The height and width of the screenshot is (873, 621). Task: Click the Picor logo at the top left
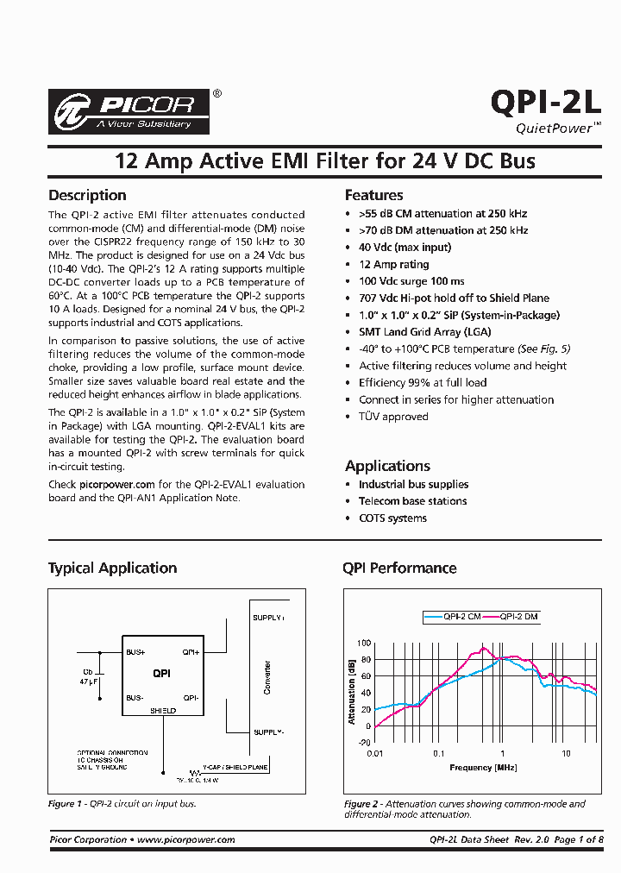[129, 110]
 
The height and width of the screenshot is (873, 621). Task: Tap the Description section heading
[87, 195]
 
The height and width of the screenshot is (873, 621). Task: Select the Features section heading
[373, 195]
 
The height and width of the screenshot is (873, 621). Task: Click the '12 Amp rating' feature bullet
[393, 265]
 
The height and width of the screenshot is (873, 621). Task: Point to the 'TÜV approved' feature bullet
[393, 417]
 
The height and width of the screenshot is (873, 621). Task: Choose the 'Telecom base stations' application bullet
[412, 501]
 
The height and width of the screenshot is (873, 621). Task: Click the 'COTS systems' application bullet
[392, 518]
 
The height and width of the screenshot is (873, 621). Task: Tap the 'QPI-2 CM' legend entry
[462, 617]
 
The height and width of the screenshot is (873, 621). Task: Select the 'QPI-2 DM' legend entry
[519, 617]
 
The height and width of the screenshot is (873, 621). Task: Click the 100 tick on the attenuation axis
[364, 644]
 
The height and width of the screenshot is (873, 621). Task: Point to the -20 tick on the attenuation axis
[364, 742]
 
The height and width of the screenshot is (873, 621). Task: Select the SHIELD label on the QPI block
[163, 710]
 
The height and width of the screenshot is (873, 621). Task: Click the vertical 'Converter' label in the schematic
[267, 678]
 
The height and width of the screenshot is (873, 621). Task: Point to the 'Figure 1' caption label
[61, 804]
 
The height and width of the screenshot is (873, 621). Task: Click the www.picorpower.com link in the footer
[185, 839]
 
